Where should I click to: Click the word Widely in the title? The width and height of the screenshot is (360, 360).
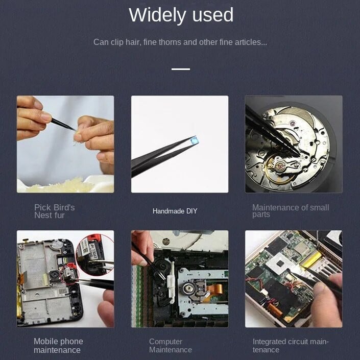pos(157,15)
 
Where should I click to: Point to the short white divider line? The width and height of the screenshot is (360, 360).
pos(181,69)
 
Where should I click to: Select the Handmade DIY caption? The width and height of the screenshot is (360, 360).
pos(175,211)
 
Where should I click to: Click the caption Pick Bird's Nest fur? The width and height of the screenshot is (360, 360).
pos(55,211)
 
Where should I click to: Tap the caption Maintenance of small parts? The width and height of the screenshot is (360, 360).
pos(291,210)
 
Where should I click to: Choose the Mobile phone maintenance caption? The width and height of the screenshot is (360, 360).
pos(58,346)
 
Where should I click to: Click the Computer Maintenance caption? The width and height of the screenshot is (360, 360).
pos(171,346)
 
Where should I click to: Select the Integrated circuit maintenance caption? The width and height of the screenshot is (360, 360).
pos(291,346)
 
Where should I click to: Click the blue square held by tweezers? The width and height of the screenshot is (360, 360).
pos(195,140)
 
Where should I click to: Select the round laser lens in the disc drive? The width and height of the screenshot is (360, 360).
pos(189,287)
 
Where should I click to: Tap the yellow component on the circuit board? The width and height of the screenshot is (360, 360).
pos(311,260)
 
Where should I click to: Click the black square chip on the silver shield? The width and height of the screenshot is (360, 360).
pos(280,263)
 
